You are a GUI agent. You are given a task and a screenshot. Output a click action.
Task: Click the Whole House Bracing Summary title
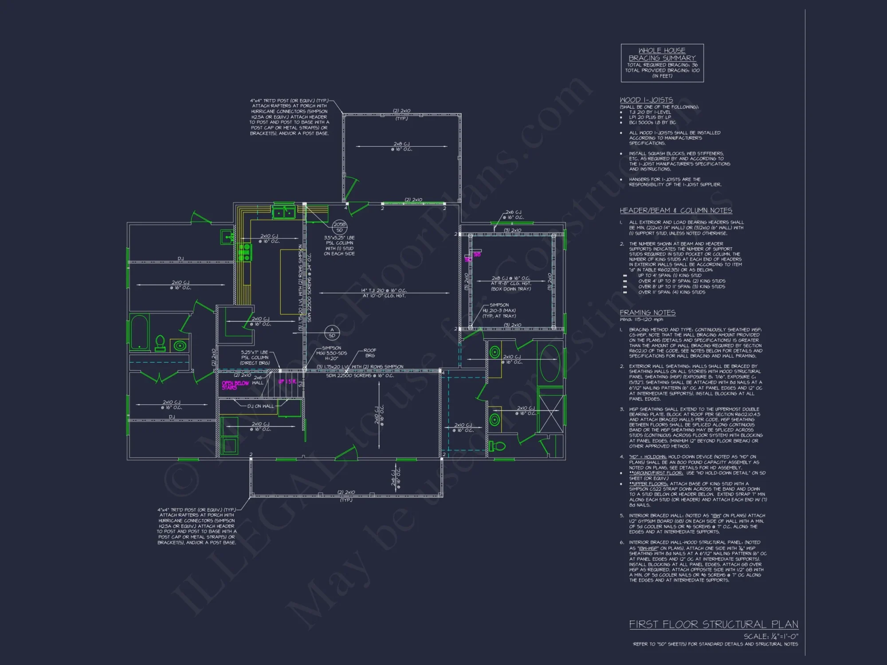pos(662,54)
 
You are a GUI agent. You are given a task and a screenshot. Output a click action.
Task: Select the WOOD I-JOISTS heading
pos(646,100)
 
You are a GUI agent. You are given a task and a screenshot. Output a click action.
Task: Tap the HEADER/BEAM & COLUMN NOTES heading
pos(676,211)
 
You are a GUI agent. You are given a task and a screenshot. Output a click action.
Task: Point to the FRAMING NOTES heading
pos(648,313)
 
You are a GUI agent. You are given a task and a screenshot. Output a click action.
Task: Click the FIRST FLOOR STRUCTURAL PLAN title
pos(714,624)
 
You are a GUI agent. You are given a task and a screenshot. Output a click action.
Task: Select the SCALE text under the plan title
pos(771,636)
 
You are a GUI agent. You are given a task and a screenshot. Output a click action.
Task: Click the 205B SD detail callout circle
pos(339,227)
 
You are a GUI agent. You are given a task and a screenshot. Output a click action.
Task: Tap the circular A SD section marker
pos(332,332)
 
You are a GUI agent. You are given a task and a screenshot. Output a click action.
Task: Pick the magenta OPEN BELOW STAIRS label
pos(235,385)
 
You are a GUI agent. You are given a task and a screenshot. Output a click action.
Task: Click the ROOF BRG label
pos(370,353)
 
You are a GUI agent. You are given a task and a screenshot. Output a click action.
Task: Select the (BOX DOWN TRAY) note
pos(510,289)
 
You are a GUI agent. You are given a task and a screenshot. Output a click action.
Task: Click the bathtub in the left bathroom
pos(139,332)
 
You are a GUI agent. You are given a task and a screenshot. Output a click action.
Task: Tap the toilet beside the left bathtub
pos(160,343)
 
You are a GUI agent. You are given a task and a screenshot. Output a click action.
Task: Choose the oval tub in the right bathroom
pos(550,363)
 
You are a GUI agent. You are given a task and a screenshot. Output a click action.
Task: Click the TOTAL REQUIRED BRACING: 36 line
pos(662,65)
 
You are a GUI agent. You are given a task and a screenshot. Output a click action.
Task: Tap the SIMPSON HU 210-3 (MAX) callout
pos(499,310)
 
